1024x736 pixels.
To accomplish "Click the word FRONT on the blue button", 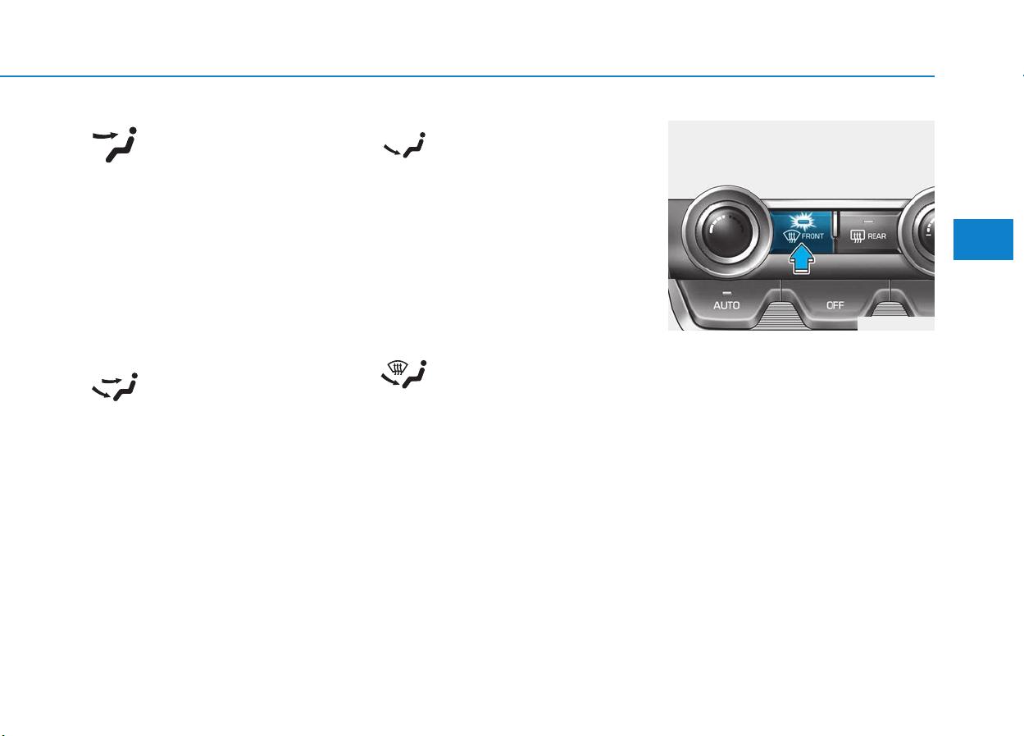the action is [812, 236].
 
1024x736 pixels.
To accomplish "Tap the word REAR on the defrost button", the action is [876, 236].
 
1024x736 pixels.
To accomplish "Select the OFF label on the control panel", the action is [835, 305].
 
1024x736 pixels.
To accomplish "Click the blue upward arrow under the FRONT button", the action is [802, 259].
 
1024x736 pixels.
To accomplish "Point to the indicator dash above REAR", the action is [868, 222].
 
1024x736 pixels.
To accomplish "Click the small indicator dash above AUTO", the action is [726, 293].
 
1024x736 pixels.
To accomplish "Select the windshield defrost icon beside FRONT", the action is [792, 236].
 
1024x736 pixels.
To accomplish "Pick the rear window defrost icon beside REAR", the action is [857, 236].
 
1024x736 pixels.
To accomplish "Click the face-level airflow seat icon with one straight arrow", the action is [115, 144].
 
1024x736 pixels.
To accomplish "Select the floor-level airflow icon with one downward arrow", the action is [405, 145].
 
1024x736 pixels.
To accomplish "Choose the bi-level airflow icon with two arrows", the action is [115, 387].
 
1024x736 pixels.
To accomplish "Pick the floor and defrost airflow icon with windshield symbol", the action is [404, 374].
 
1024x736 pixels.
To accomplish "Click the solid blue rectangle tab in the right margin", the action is [983, 240].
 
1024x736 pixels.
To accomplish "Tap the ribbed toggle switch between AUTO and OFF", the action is [780, 316].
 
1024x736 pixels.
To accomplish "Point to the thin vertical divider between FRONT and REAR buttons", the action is [835, 225].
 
